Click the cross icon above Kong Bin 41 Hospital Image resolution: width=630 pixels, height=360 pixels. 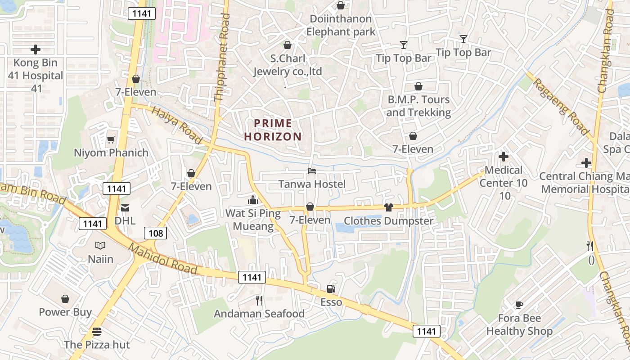(x=36, y=49)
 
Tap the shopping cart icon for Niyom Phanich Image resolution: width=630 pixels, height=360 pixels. (x=111, y=140)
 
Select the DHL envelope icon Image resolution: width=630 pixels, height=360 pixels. (x=125, y=208)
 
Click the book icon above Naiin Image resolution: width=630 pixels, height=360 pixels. (x=100, y=246)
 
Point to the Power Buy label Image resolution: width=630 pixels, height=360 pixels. (x=65, y=312)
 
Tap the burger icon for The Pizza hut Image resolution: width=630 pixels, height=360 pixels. (x=97, y=332)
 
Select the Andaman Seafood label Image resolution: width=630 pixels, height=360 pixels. (x=259, y=314)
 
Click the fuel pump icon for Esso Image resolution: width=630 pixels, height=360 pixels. (x=331, y=289)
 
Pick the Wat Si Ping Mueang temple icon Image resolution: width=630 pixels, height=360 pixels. (x=253, y=199)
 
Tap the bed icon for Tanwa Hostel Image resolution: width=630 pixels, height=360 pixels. (x=312, y=171)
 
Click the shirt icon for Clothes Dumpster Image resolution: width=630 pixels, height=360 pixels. (x=389, y=207)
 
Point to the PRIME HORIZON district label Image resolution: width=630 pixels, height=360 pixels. (x=278, y=130)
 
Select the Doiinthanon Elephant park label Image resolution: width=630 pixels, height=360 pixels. (x=341, y=25)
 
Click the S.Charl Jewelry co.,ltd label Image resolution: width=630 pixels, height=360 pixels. (x=288, y=65)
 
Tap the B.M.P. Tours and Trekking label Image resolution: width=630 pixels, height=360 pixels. (x=418, y=106)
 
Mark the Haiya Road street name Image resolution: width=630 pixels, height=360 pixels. (x=177, y=126)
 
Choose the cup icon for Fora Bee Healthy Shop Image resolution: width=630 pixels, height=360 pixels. (x=519, y=305)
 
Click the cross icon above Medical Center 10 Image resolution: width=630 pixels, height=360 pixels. (x=504, y=157)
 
